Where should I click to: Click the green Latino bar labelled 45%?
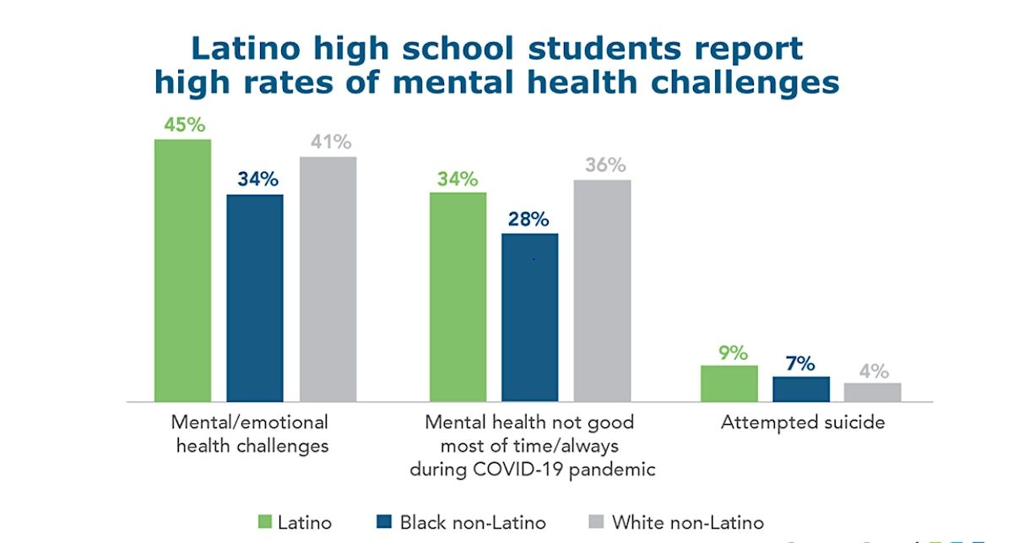pyautogui.click(x=182, y=270)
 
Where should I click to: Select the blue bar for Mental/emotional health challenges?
pyautogui.click(x=254, y=297)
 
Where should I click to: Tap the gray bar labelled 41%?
pyautogui.click(x=328, y=279)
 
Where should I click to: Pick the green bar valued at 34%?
pyautogui.click(x=458, y=296)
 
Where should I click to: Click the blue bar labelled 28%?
pyautogui.click(x=529, y=317)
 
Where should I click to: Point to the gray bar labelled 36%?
pyautogui.click(x=602, y=290)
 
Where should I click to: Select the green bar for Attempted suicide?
pyautogui.click(x=729, y=383)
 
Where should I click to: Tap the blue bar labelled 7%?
pyautogui.click(x=801, y=388)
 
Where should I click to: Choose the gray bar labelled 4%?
pyautogui.click(x=873, y=392)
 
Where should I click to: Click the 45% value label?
pyautogui.click(x=182, y=124)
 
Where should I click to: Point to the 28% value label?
pyautogui.click(x=529, y=219)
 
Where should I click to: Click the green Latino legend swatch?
pyautogui.click(x=263, y=522)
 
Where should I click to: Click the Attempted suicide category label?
pyautogui.click(x=802, y=422)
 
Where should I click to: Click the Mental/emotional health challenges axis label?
pyautogui.click(x=251, y=433)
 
